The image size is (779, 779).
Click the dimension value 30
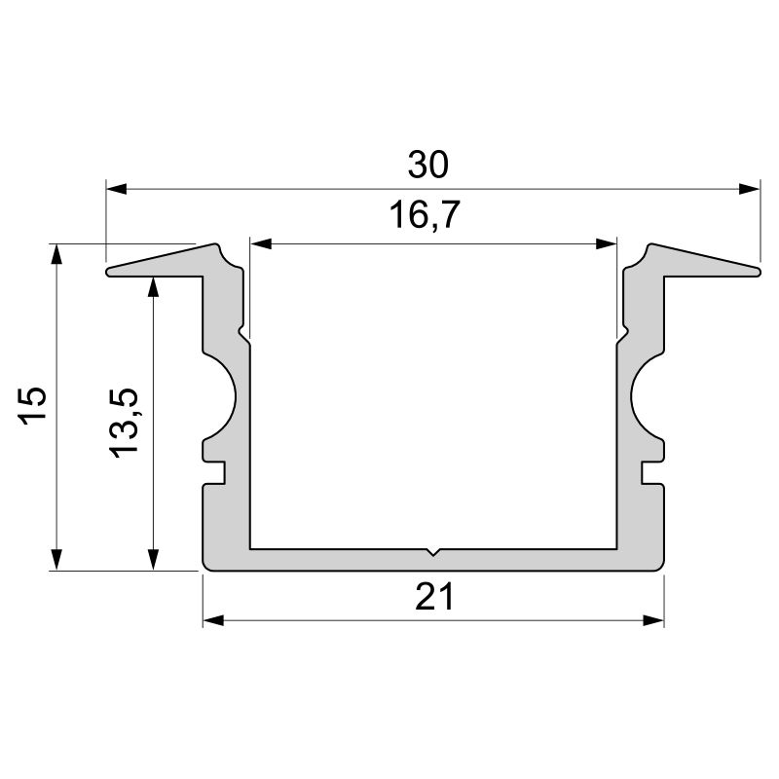point(427,165)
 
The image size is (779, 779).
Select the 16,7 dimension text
point(425,214)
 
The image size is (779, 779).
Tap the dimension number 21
point(434,597)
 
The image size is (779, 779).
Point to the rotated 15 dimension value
point(32,405)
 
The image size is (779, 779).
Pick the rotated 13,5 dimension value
point(124,423)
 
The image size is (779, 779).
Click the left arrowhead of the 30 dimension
point(117,189)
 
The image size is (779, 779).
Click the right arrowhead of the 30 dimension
point(749,189)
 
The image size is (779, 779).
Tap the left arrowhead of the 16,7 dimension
point(260,244)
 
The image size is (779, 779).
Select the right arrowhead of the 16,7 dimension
point(606,244)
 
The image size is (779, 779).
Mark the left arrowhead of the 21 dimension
point(213,620)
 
